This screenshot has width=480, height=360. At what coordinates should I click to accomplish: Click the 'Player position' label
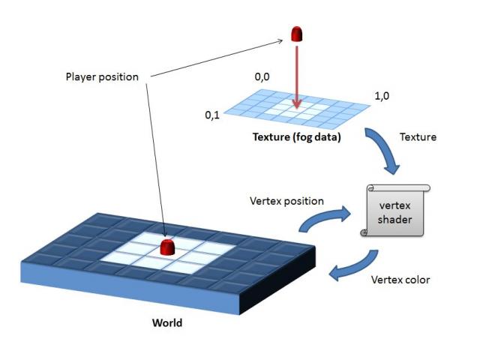click(103, 76)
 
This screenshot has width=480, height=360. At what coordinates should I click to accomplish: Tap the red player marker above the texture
click(297, 34)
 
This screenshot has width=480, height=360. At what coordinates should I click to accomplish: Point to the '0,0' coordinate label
click(264, 76)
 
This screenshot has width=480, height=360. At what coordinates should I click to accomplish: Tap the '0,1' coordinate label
click(212, 115)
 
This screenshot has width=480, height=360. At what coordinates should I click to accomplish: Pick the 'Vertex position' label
click(286, 201)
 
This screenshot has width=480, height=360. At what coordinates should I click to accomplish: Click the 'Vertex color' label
click(400, 280)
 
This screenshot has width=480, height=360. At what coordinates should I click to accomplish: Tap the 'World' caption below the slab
click(167, 323)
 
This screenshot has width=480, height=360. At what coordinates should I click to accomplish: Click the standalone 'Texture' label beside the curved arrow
click(418, 138)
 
